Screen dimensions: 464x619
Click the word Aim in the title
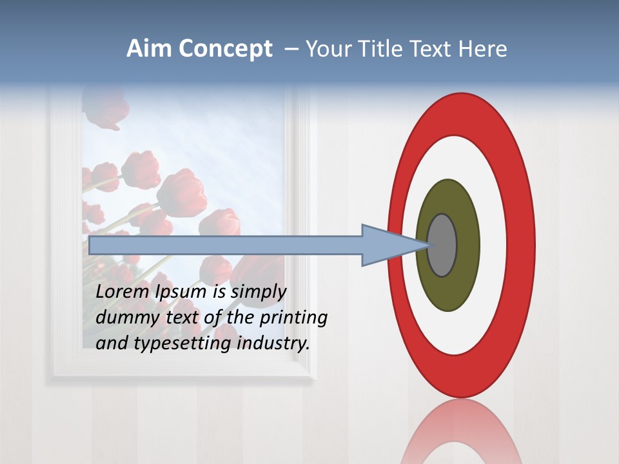click(x=148, y=49)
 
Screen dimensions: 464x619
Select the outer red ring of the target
click(x=461, y=113)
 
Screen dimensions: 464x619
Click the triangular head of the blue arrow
click(x=387, y=245)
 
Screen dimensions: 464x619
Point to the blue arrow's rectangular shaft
click(x=226, y=245)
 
